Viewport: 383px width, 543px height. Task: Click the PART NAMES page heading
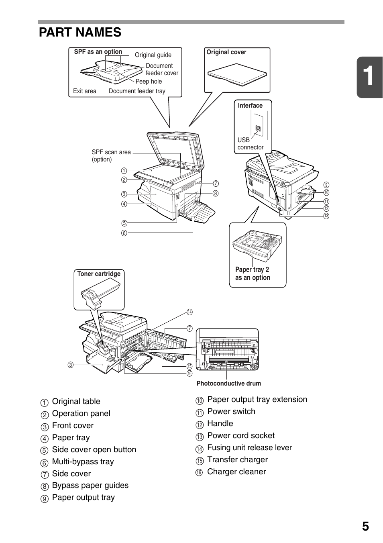pyautogui.click(x=80, y=32)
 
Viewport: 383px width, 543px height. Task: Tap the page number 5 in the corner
pyautogui.click(x=365, y=527)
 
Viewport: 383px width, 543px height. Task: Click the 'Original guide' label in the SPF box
pyautogui.click(x=153, y=55)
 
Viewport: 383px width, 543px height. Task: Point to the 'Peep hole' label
pyautogui.click(x=149, y=82)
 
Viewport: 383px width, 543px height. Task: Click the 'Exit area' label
pyautogui.click(x=85, y=91)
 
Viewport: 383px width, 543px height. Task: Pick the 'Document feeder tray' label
pyautogui.click(x=137, y=91)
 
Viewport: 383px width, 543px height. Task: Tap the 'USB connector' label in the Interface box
pyautogui.click(x=250, y=144)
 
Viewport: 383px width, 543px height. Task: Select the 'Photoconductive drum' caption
pyautogui.click(x=228, y=384)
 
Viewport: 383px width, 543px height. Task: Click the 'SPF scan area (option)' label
pyautogui.click(x=111, y=156)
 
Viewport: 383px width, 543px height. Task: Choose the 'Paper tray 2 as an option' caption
pyautogui.click(x=253, y=274)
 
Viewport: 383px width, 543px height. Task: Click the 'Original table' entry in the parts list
pyautogui.click(x=76, y=402)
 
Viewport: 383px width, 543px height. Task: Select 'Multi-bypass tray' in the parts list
pyautogui.click(x=83, y=462)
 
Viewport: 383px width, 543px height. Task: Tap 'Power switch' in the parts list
pyautogui.click(x=231, y=412)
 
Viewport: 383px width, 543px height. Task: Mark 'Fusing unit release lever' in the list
pyautogui.click(x=249, y=448)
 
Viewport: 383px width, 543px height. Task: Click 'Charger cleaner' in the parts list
pyautogui.click(x=236, y=472)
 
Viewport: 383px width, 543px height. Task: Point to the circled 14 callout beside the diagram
pyautogui.click(x=189, y=312)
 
